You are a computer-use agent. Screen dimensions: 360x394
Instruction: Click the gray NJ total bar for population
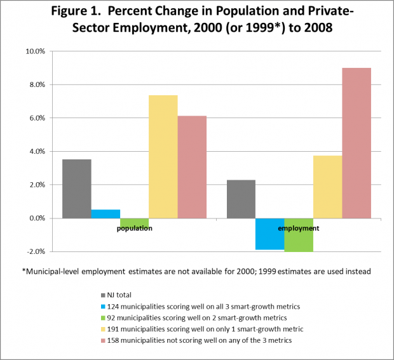click(x=77, y=189)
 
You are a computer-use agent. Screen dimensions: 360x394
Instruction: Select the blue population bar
click(x=105, y=214)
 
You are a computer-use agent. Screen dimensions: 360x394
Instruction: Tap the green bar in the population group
click(x=134, y=222)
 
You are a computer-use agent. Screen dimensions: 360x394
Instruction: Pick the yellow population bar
click(x=163, y=156)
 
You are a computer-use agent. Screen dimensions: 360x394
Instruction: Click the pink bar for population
click(x=192, y=166)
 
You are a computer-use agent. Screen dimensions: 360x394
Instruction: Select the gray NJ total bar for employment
click(x=241, y=199)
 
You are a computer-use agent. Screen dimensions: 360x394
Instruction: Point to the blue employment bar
click(x=270, y=234)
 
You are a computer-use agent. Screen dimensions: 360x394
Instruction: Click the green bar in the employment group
click(x=299, y=235)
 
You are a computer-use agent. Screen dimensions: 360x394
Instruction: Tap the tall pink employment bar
click(x=357, y=143)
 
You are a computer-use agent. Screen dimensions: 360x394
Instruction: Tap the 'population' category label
click(x=134, y=228)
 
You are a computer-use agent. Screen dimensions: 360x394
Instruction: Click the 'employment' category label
click(x=299, y=227)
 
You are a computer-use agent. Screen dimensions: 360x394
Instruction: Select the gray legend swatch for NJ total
click(x=104, y=295)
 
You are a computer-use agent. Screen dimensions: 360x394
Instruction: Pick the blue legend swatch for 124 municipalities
click(x=104, y=307)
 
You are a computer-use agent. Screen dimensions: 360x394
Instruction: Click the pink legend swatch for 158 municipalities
click(x=104, y=340)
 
